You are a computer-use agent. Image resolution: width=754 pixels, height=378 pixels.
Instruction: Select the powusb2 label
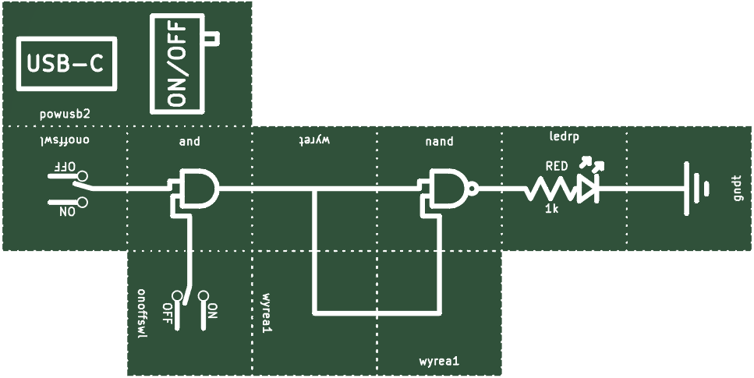(65, 115)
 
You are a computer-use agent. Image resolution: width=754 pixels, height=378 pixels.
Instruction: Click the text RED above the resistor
(557, 166)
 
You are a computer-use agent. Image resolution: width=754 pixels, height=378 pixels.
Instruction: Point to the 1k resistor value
(551, 208)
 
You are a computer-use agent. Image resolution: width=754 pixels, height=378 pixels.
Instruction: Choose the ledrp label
(564, 136)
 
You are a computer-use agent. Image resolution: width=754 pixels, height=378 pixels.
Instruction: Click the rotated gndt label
(739, 188)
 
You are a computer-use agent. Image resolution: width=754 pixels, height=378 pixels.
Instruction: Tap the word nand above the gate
(440, 141)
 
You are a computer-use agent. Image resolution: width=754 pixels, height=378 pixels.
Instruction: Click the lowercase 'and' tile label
(189, 141)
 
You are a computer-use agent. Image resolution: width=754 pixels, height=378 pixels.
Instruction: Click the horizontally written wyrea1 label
(440, 361)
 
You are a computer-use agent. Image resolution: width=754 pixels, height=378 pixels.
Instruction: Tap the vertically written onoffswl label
(141, 313)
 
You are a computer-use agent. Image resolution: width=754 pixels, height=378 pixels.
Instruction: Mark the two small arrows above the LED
(593, 164)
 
